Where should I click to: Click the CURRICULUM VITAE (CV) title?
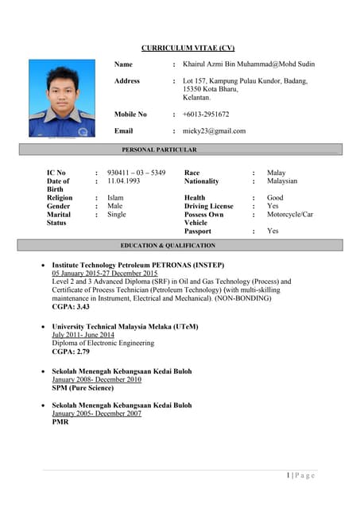188,48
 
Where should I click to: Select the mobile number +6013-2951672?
206,115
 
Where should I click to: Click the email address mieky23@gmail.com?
215,131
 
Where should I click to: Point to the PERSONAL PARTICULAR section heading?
159,150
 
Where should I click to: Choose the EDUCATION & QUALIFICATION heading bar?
168,246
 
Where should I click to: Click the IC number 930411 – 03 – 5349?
137,173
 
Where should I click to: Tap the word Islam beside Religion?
115,198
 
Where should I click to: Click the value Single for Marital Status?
117,215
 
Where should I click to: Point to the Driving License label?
208,207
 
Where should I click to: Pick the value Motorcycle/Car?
290,215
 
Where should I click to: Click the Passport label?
198,231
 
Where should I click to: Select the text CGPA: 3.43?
71,306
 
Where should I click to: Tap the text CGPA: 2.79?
71,352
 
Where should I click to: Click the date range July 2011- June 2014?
83,335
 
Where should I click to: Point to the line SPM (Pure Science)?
83,388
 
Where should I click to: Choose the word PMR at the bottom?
60,422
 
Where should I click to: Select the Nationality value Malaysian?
282,181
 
